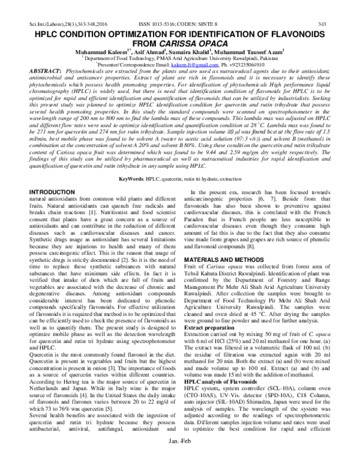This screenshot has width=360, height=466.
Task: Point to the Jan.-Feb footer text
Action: [179, 458]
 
